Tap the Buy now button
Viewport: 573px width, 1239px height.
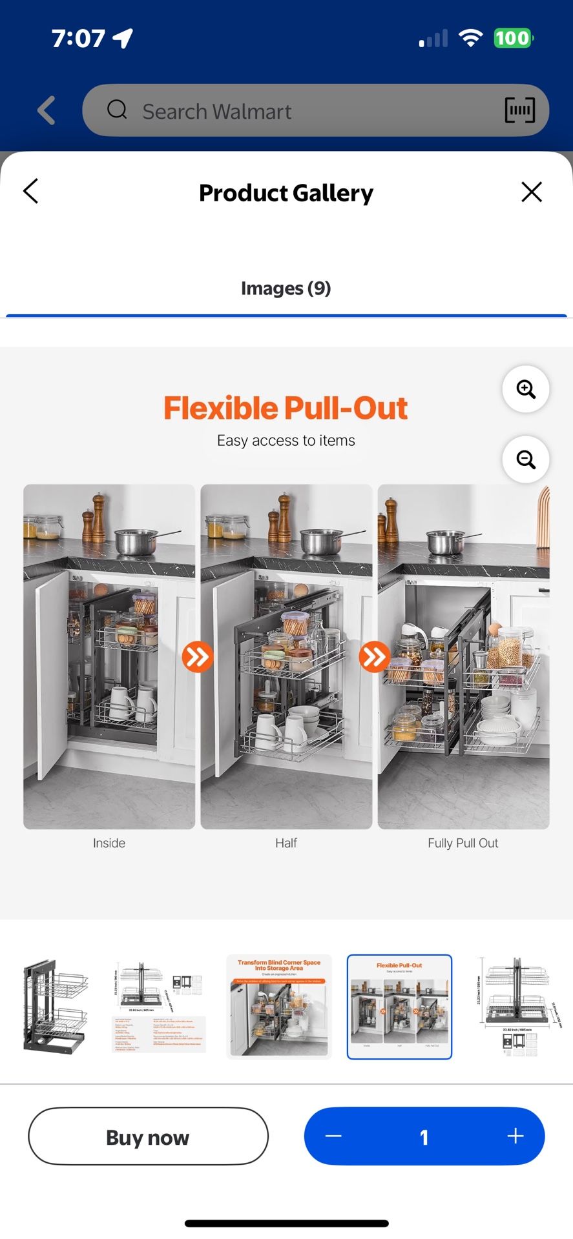click(x=148, y=1136)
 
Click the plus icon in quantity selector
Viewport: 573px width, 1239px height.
click(x=515, y=1136)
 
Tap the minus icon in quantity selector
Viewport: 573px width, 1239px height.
click(x=333, y=1136)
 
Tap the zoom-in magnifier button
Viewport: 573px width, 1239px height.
click(x=526, y=389)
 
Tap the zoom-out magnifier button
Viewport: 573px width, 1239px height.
click(x=526, y=459)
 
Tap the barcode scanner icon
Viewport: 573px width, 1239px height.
click(x=519, y=111)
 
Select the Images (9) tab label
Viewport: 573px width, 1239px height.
click(x=286, y=288)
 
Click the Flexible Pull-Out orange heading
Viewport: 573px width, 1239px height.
click(x=286, y=408)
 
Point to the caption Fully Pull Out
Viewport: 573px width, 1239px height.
click(x=463, y=843)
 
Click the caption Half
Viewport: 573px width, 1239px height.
click(x=286, y=843)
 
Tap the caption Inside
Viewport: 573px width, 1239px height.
click(x=109, y=843)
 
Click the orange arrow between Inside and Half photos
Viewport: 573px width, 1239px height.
click(x=197, y=657)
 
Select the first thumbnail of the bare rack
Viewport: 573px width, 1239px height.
click(x=56, y=1007)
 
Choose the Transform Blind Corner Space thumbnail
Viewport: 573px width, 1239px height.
click(x=279, y=1007)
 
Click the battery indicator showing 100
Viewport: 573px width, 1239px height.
click(x=512, y=38)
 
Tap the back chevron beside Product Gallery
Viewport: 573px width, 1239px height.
click(x=31, y=192)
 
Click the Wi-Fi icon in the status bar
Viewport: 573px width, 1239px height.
click(x=470, y=38)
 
